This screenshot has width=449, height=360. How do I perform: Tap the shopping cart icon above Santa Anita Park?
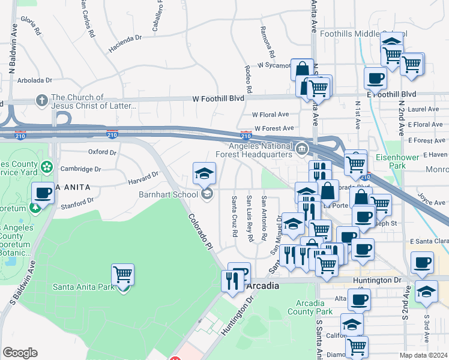pyautogui.click(x=122, y=275)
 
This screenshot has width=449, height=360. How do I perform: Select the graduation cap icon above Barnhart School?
pyautogui.click(x=205, y=174)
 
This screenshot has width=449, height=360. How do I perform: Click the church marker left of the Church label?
pyautogui.click(x=42, y=100)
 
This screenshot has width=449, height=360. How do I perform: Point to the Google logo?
pyautogui.click(x=20, y=353)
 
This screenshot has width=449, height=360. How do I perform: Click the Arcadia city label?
pyautogui.click(x=263, y=286)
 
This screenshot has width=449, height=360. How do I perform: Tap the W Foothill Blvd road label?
pyautogui.click(x=218, y=98)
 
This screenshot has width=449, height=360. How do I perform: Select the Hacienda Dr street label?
pyautogui.click(x=125, y=37)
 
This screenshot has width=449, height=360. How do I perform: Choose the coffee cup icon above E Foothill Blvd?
pyautogui.click(x=375, y=78)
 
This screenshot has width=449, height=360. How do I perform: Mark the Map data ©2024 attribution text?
pyautogui.click(x=424, y=355)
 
